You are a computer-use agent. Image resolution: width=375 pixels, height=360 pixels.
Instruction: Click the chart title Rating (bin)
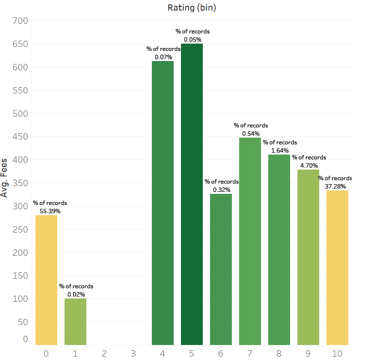point(192,8)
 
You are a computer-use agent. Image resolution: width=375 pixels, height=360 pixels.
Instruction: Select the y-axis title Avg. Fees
point(4,178)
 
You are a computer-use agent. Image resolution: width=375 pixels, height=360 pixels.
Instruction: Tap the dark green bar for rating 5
point(192,194)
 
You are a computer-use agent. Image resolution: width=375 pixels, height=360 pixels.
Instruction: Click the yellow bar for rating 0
point(47,280)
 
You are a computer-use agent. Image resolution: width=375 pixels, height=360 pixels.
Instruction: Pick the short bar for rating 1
point(75,322)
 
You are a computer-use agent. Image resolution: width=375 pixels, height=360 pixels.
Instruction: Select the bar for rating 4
point(163,203)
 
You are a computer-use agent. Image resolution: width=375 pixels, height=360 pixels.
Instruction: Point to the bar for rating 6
point(221,269)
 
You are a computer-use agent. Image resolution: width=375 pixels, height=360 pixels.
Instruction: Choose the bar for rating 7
point(250,241)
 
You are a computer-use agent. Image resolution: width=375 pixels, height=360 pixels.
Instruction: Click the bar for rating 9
point(308,257)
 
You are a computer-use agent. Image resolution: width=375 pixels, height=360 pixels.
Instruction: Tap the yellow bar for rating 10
point(338,268)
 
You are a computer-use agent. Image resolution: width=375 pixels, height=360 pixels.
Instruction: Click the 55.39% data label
point(50,211)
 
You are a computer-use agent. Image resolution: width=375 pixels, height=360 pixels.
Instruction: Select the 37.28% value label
point(335,187)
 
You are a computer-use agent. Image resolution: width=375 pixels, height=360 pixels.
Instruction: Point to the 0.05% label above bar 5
point(193,40)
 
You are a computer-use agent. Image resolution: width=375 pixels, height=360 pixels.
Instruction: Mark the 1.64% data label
point(280,151)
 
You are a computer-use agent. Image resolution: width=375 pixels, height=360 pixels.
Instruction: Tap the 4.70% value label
point(309,166)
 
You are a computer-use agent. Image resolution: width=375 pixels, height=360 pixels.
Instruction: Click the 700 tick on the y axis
point(20,21)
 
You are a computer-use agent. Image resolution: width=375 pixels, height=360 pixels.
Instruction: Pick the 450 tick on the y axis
point(20,137)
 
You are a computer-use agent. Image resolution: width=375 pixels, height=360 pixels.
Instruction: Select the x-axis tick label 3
point(133,354)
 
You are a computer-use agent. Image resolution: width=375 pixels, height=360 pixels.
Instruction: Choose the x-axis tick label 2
point(104,354)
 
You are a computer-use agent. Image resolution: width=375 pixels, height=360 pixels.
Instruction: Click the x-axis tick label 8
point(279,354)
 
